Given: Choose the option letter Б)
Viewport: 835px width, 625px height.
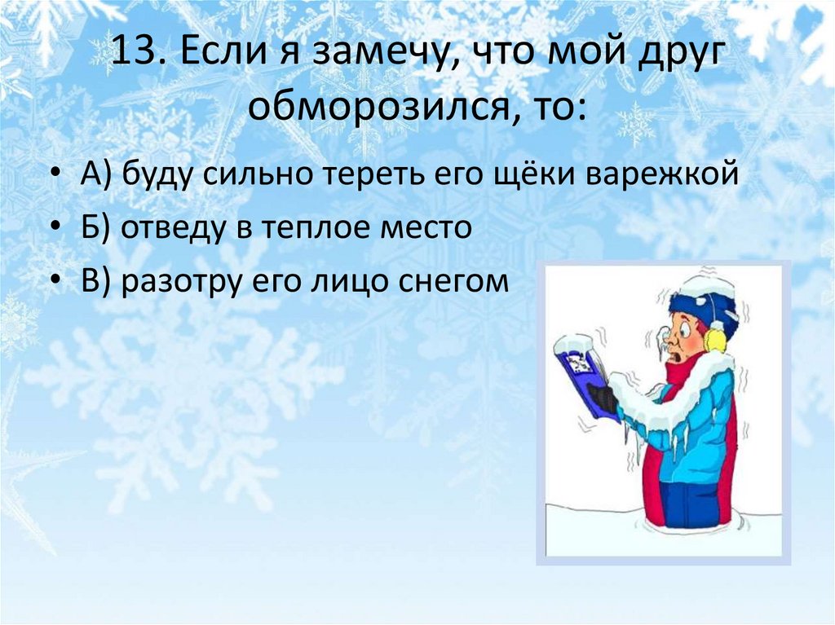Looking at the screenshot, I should pyautogui.click(x=96, y=228).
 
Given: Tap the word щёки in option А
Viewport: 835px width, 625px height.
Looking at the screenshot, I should pyautogui.click(x=529, y=175).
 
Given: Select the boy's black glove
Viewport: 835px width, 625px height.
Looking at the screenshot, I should pyautogui.click(x=603, y=398).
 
